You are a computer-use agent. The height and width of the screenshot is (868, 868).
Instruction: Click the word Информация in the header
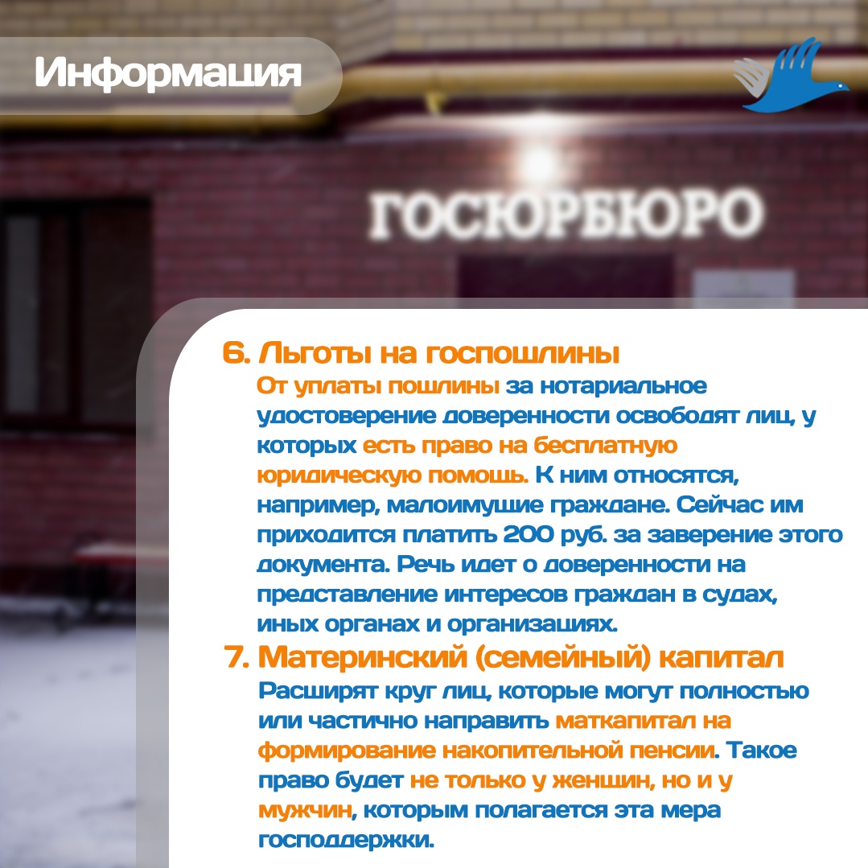pos(168,73)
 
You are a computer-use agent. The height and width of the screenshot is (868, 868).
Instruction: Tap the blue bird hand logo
pos(791,76)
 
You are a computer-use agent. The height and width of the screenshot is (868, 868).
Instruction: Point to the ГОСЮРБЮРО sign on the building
pos(566,214)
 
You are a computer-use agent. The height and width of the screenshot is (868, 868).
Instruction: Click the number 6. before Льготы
pos(237,352)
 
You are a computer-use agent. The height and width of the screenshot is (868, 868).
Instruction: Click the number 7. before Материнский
pos(237,657)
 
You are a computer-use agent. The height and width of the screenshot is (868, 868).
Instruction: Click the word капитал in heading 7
pos(722,658)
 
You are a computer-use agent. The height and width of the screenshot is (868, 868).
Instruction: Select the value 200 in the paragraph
pos(528,535)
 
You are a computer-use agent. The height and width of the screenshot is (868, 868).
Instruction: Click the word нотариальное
pos(623,386)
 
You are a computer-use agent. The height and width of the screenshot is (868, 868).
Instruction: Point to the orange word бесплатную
pos(606,446)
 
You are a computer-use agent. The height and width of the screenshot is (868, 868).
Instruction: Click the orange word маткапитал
pos(626,722)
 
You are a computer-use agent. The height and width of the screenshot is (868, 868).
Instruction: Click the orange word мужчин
pos(305,810)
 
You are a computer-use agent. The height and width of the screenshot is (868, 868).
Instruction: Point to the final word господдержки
pos(346,841)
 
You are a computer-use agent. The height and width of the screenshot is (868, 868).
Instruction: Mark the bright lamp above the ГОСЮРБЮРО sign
pos(539,161)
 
